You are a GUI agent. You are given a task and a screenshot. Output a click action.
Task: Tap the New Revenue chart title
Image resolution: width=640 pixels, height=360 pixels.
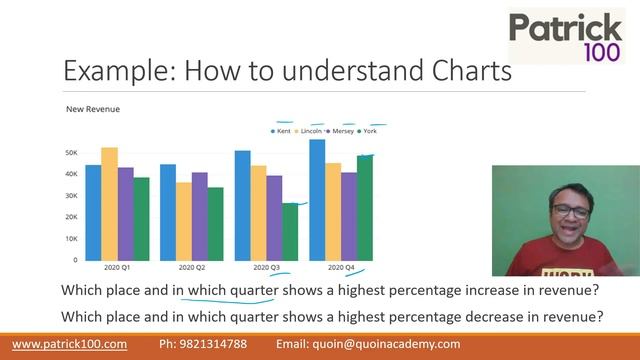[93, 108]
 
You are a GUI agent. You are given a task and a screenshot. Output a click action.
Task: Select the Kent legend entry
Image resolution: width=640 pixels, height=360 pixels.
[283, 131]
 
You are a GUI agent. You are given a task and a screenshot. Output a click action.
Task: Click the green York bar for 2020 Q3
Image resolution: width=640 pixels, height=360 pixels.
[290, 231]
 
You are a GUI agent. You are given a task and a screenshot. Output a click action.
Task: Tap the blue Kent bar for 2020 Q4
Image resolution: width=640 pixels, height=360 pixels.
[317, 199]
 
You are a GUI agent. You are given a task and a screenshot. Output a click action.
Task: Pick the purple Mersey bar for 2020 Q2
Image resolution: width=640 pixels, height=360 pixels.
[200, 215]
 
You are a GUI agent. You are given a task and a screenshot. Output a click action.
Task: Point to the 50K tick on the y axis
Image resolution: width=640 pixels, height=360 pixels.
[71, 153]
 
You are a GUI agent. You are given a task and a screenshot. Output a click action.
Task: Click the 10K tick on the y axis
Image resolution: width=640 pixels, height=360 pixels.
[71, 238]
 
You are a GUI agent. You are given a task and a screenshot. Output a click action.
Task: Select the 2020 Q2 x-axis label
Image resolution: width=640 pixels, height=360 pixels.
[191, 268]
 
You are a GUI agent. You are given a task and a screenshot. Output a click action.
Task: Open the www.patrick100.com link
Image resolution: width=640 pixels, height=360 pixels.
[69, 344]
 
